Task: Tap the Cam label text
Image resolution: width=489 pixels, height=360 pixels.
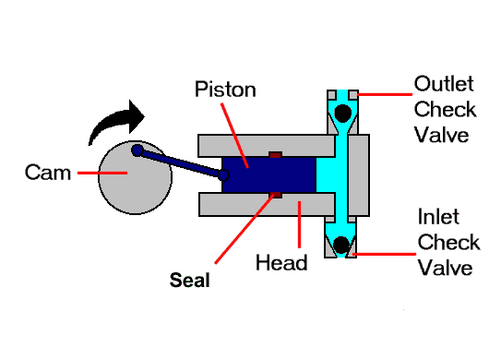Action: [x=48, y=173]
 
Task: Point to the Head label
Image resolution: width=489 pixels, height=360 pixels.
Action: [x=281, y=263]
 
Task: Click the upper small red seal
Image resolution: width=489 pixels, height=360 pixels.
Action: [x=274, y=153]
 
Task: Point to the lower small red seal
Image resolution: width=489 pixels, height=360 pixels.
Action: [x=274, y=194]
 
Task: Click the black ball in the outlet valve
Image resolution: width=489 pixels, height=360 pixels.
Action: [x=342, y=114]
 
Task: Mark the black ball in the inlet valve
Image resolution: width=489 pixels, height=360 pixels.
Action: [x=342, y=245]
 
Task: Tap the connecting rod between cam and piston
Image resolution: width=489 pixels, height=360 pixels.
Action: [x=181, y=162]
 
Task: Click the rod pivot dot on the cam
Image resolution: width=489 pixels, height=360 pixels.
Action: [x=137, y=150]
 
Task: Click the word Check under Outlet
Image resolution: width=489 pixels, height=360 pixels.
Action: [x=445, y=109]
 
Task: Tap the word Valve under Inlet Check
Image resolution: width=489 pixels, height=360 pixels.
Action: [x=447, y=268]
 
